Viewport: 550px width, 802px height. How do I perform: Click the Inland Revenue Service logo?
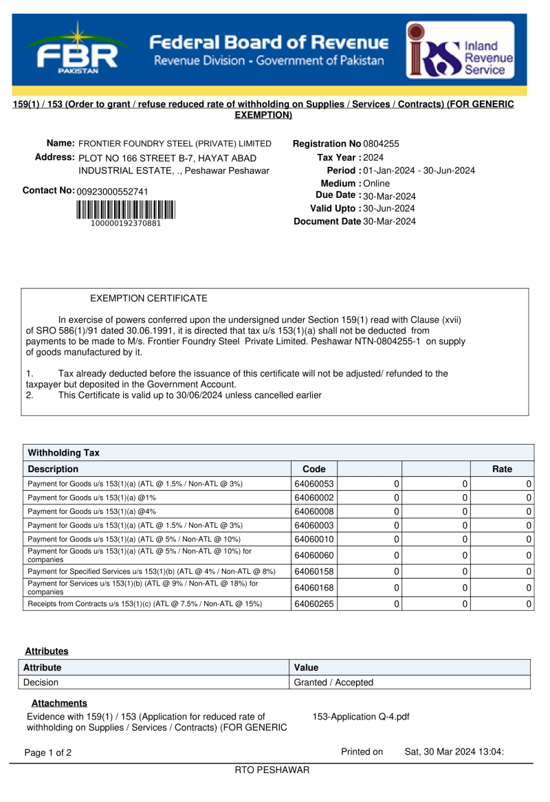pos(460,49)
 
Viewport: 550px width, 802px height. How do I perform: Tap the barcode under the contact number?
pos(126,209)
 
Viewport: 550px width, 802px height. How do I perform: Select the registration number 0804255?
pos(381,144)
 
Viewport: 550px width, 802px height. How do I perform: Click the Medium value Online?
pos(376,183)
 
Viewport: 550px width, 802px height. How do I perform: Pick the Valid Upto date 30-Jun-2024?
pos(388,208)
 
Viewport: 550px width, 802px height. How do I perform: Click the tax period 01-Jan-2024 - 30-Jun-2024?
pos(419,170)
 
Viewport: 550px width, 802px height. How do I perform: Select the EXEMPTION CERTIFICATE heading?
pos(148,298)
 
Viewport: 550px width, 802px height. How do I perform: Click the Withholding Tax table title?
pos(63,452)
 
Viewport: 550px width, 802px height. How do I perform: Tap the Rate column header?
pos(502,469)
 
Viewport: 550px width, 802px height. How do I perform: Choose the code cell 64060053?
pos(314,484)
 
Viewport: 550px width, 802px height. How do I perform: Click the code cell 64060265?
pos(314,603)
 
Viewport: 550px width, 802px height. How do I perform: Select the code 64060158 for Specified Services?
pos(314,571)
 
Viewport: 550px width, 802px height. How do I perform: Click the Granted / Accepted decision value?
pos(333,682)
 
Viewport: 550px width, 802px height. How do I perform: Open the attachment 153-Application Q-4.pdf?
pos(361,717)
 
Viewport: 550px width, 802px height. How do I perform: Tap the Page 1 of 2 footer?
pos(48,753)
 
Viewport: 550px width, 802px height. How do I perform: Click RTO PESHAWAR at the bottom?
pos(272,770)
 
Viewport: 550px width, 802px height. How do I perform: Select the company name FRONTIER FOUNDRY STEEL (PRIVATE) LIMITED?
pos(175,144)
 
